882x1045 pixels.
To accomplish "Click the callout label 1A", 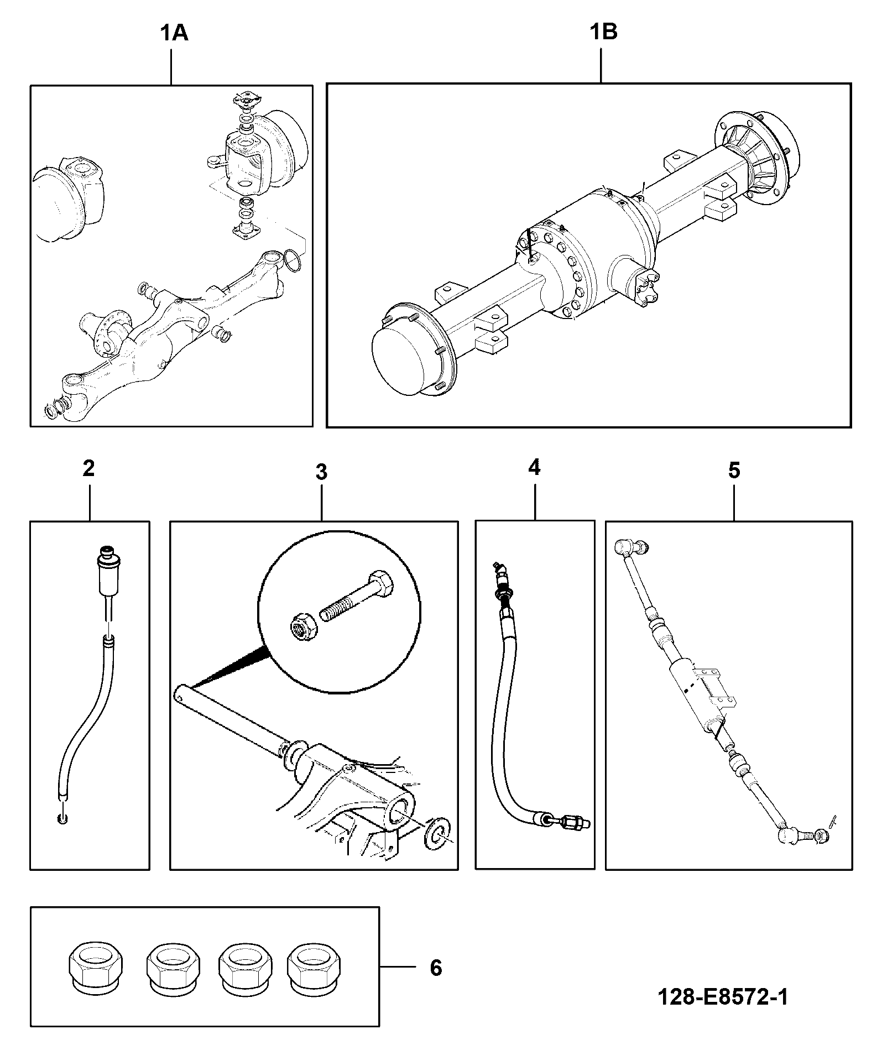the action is pyautogui.click(x=174, y=34).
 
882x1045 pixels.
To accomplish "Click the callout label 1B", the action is pyautogui.click(x=603, y=32).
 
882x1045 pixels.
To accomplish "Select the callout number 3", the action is pyautogui.click(x=321, y=472).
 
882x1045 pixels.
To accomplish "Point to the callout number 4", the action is pyautogui.click(x=534, y=468).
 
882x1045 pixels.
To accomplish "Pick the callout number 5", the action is pyautogui.click(x=734, y=471).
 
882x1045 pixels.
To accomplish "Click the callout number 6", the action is pyautogui.click(x=436, y=968).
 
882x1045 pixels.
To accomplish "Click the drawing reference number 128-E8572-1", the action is pyautogui.click(x=723, y=998).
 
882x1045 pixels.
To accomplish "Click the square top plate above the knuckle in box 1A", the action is pyautogui.click(x=243, y=103).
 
